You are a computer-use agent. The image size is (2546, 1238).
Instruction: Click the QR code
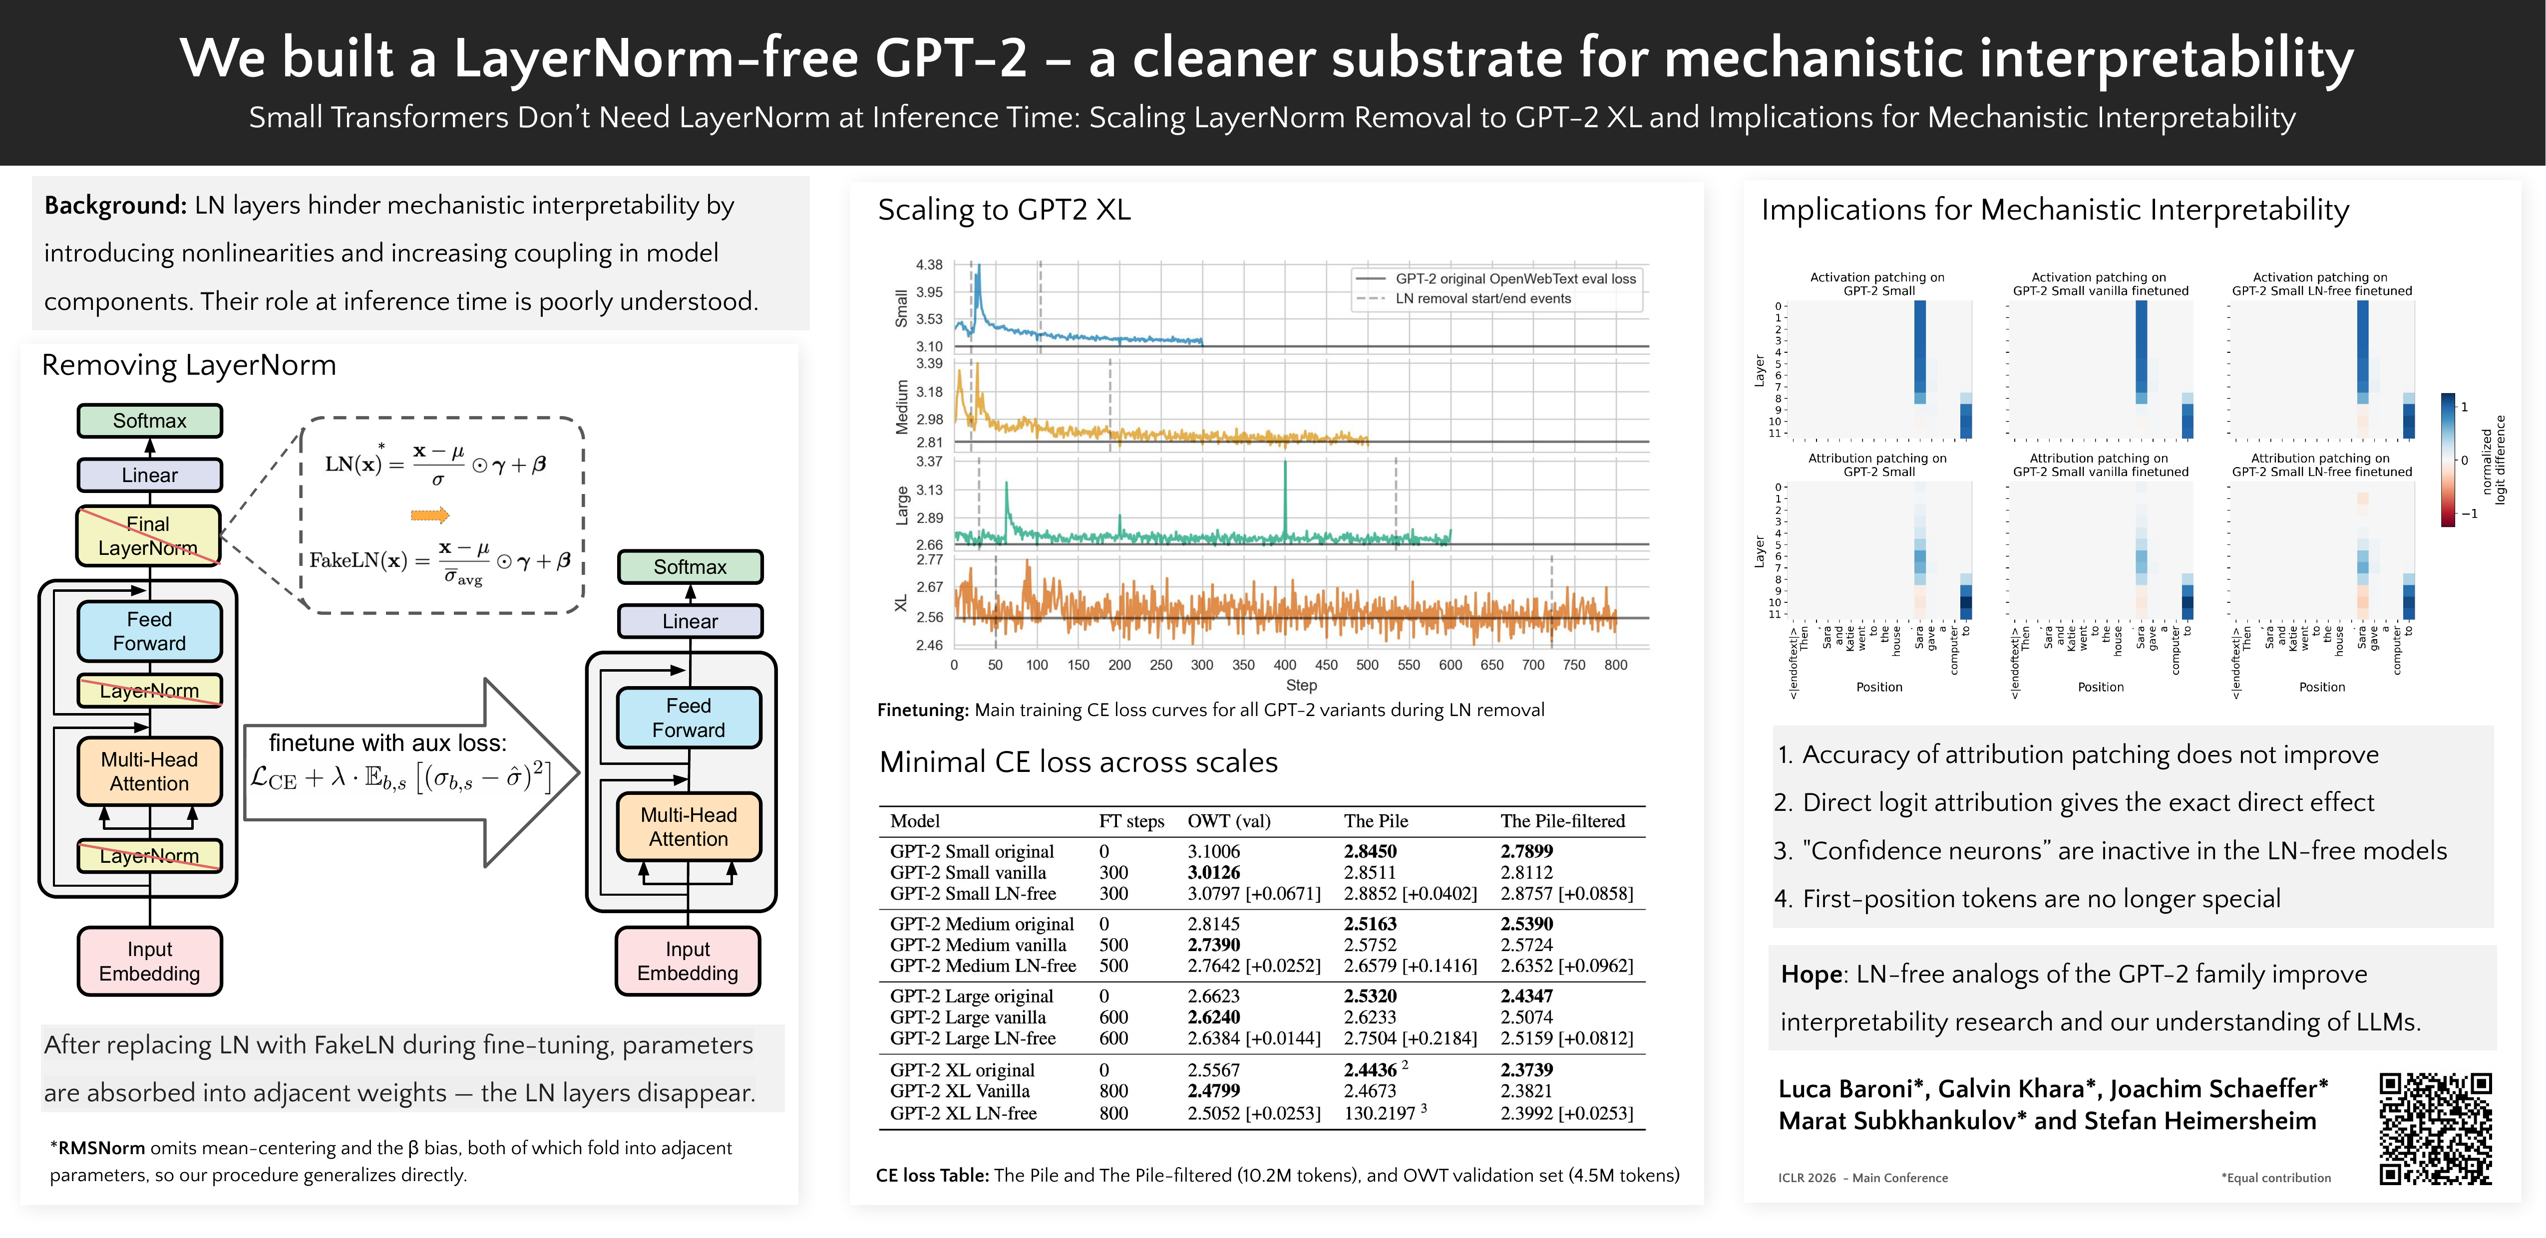(2435, 1128)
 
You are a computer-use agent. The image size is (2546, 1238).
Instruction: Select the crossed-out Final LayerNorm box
(148, 535)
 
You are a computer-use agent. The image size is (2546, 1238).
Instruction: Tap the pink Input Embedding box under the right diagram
(688, 961)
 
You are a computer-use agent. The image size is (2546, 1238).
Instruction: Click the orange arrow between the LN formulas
(430, 515)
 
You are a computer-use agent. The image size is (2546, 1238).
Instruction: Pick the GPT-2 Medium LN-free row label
(983, 966)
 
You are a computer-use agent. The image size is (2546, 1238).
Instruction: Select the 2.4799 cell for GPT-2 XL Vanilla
(1214, 1091)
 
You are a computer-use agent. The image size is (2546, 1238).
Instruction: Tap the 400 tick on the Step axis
(1285, 665)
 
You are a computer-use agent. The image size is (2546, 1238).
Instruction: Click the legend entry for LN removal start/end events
(1482, 298)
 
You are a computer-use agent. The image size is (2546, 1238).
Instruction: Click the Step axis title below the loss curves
(1301, 685)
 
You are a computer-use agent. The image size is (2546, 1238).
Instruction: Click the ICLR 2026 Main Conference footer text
(1862, 1178)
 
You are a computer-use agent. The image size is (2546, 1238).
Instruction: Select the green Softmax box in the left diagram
(149, 421)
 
